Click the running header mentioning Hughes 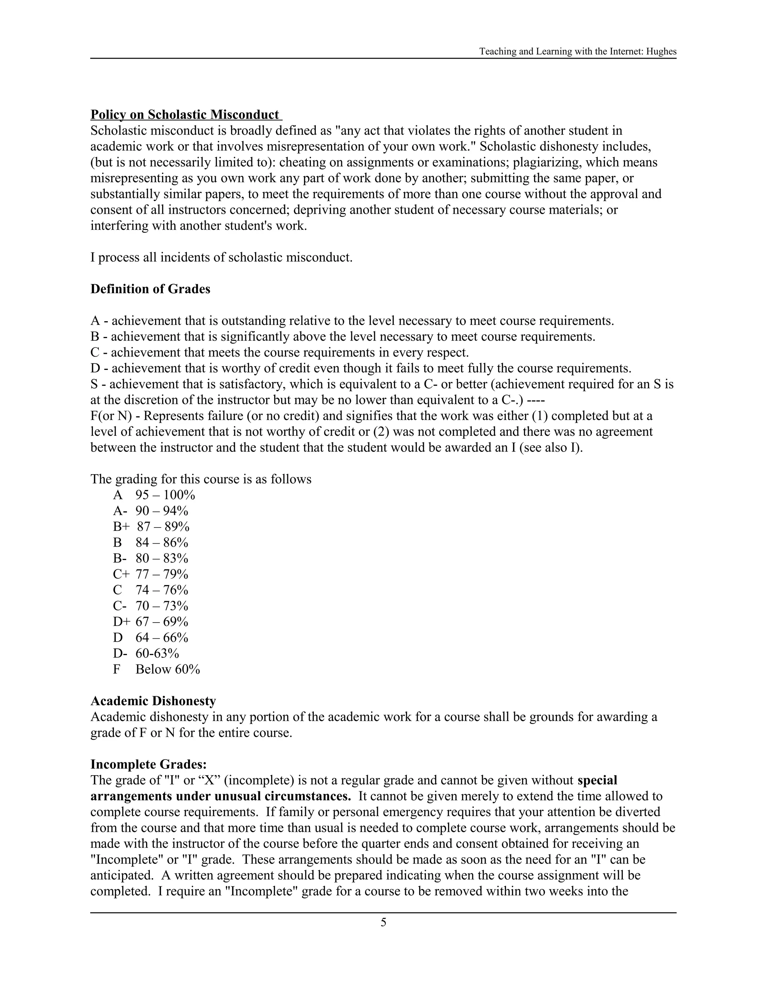(x=577, y=51)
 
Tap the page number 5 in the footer (x=383, y=922)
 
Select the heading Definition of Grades (x=151, y=289)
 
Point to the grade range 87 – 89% (x=163, y=527)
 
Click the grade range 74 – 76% (x=162, y=590)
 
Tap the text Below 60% (x=168, y=670)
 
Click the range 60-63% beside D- (x=157, y=654)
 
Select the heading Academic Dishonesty (x=153, y=701)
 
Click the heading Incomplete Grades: (x=149, y=764)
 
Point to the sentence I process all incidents (x=221, y=258)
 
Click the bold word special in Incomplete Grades (x=597, y=780)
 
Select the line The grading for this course (x=201, y=479)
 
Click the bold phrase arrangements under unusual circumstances (x=220, y=796)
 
